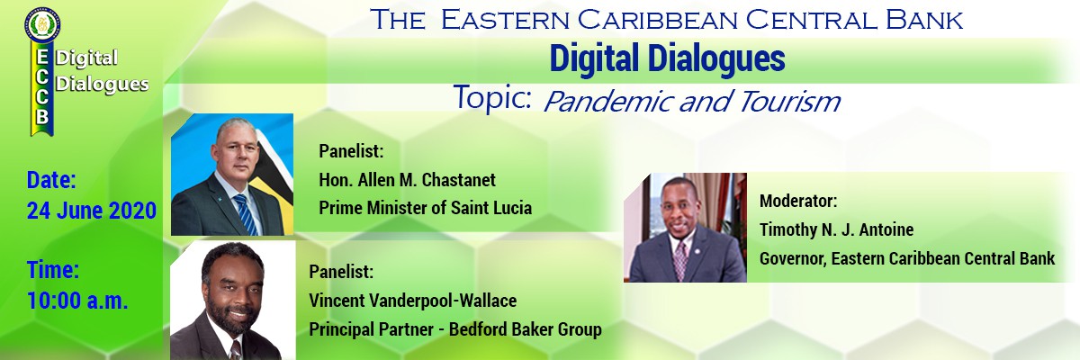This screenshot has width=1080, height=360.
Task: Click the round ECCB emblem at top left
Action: click(42, 24)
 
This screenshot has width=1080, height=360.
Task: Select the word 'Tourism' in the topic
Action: click(788, 102)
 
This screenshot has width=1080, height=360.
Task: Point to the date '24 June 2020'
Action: click(92, 211)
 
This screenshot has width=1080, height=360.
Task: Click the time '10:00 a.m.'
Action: click(77, 301)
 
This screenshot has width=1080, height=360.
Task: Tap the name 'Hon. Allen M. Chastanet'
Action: click(407, 180)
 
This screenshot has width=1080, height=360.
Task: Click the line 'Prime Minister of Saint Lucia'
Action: click(425, 208)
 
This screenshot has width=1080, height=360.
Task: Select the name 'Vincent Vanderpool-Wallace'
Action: click(413, 301)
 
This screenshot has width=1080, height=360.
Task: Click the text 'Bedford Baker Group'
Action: click(525, 329)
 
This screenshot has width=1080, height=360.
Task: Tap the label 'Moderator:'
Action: click(798, 201)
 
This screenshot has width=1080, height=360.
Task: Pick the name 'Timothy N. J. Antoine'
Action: click(836, 229)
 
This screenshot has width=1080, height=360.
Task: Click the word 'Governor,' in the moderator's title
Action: click(793, 259)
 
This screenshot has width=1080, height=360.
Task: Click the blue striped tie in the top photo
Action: click(246, 214)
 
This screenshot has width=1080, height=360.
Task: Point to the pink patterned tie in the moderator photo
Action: click(680, 260)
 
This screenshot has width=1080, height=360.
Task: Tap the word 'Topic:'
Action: click(491, 98)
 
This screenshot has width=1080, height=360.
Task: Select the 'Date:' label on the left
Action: click(51, 180)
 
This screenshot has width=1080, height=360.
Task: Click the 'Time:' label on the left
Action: click(53, 270)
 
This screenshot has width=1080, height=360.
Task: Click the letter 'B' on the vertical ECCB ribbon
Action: click(42, 117)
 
